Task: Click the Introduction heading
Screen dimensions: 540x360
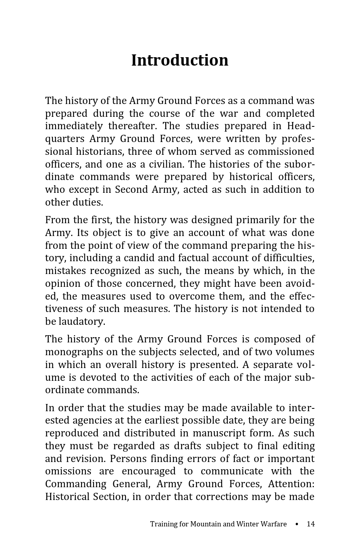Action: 180,60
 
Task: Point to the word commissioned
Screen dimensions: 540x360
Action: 281,152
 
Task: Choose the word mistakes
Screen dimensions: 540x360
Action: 66,271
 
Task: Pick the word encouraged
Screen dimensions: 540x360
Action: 148,471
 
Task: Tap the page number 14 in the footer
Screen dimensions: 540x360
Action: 310,524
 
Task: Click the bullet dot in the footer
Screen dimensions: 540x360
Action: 296,524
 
